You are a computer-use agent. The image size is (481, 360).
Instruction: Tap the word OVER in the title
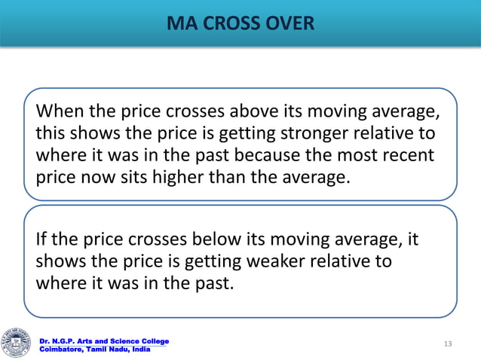tap(290, 25)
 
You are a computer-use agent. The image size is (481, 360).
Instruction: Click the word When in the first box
tap(59, 112)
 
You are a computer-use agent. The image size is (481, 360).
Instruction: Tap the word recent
tap(408, 157)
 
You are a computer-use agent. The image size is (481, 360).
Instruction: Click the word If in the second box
tap(43, 240)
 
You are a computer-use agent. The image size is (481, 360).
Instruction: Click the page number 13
tap(448, 344)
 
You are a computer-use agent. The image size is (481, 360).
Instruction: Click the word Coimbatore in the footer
tap(62, 349)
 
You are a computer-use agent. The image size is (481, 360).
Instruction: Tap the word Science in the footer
tap(111, 341)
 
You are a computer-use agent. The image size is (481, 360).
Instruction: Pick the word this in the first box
tap(51, 135)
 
